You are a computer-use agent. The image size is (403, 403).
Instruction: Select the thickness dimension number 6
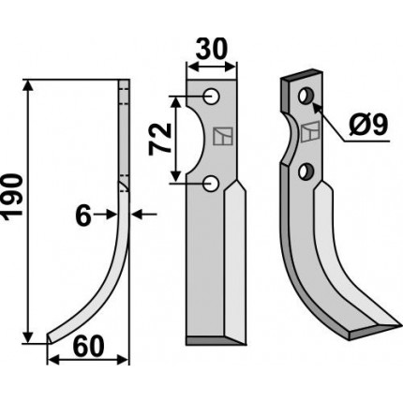coord(83,216)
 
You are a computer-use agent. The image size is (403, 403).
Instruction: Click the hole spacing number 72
coord(160,139)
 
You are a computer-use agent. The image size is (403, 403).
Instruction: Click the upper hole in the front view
coord(212,97)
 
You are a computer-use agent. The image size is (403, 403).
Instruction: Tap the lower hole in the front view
coord(211,183)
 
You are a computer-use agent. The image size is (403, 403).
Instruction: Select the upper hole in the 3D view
coord(306,96)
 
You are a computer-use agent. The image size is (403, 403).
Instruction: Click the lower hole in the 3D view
coord(305,171)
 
